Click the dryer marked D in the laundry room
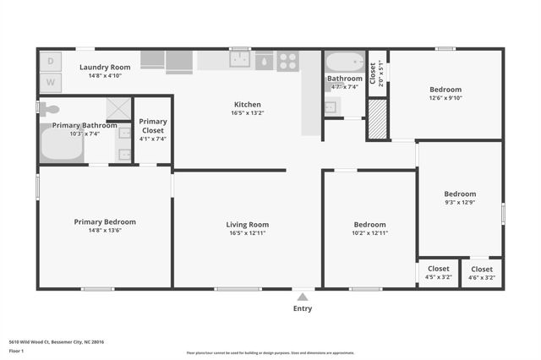49,62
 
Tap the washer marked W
49,82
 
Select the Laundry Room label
105,67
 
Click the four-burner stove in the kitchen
287,61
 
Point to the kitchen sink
241,60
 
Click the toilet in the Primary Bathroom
50,108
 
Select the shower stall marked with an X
117,108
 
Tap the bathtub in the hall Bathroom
344,63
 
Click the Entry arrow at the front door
302,297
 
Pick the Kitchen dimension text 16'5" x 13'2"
248,112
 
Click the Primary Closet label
153,126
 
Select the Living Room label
248,225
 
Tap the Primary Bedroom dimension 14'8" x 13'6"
105,230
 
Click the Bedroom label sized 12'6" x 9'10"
445,90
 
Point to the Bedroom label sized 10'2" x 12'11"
369,225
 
